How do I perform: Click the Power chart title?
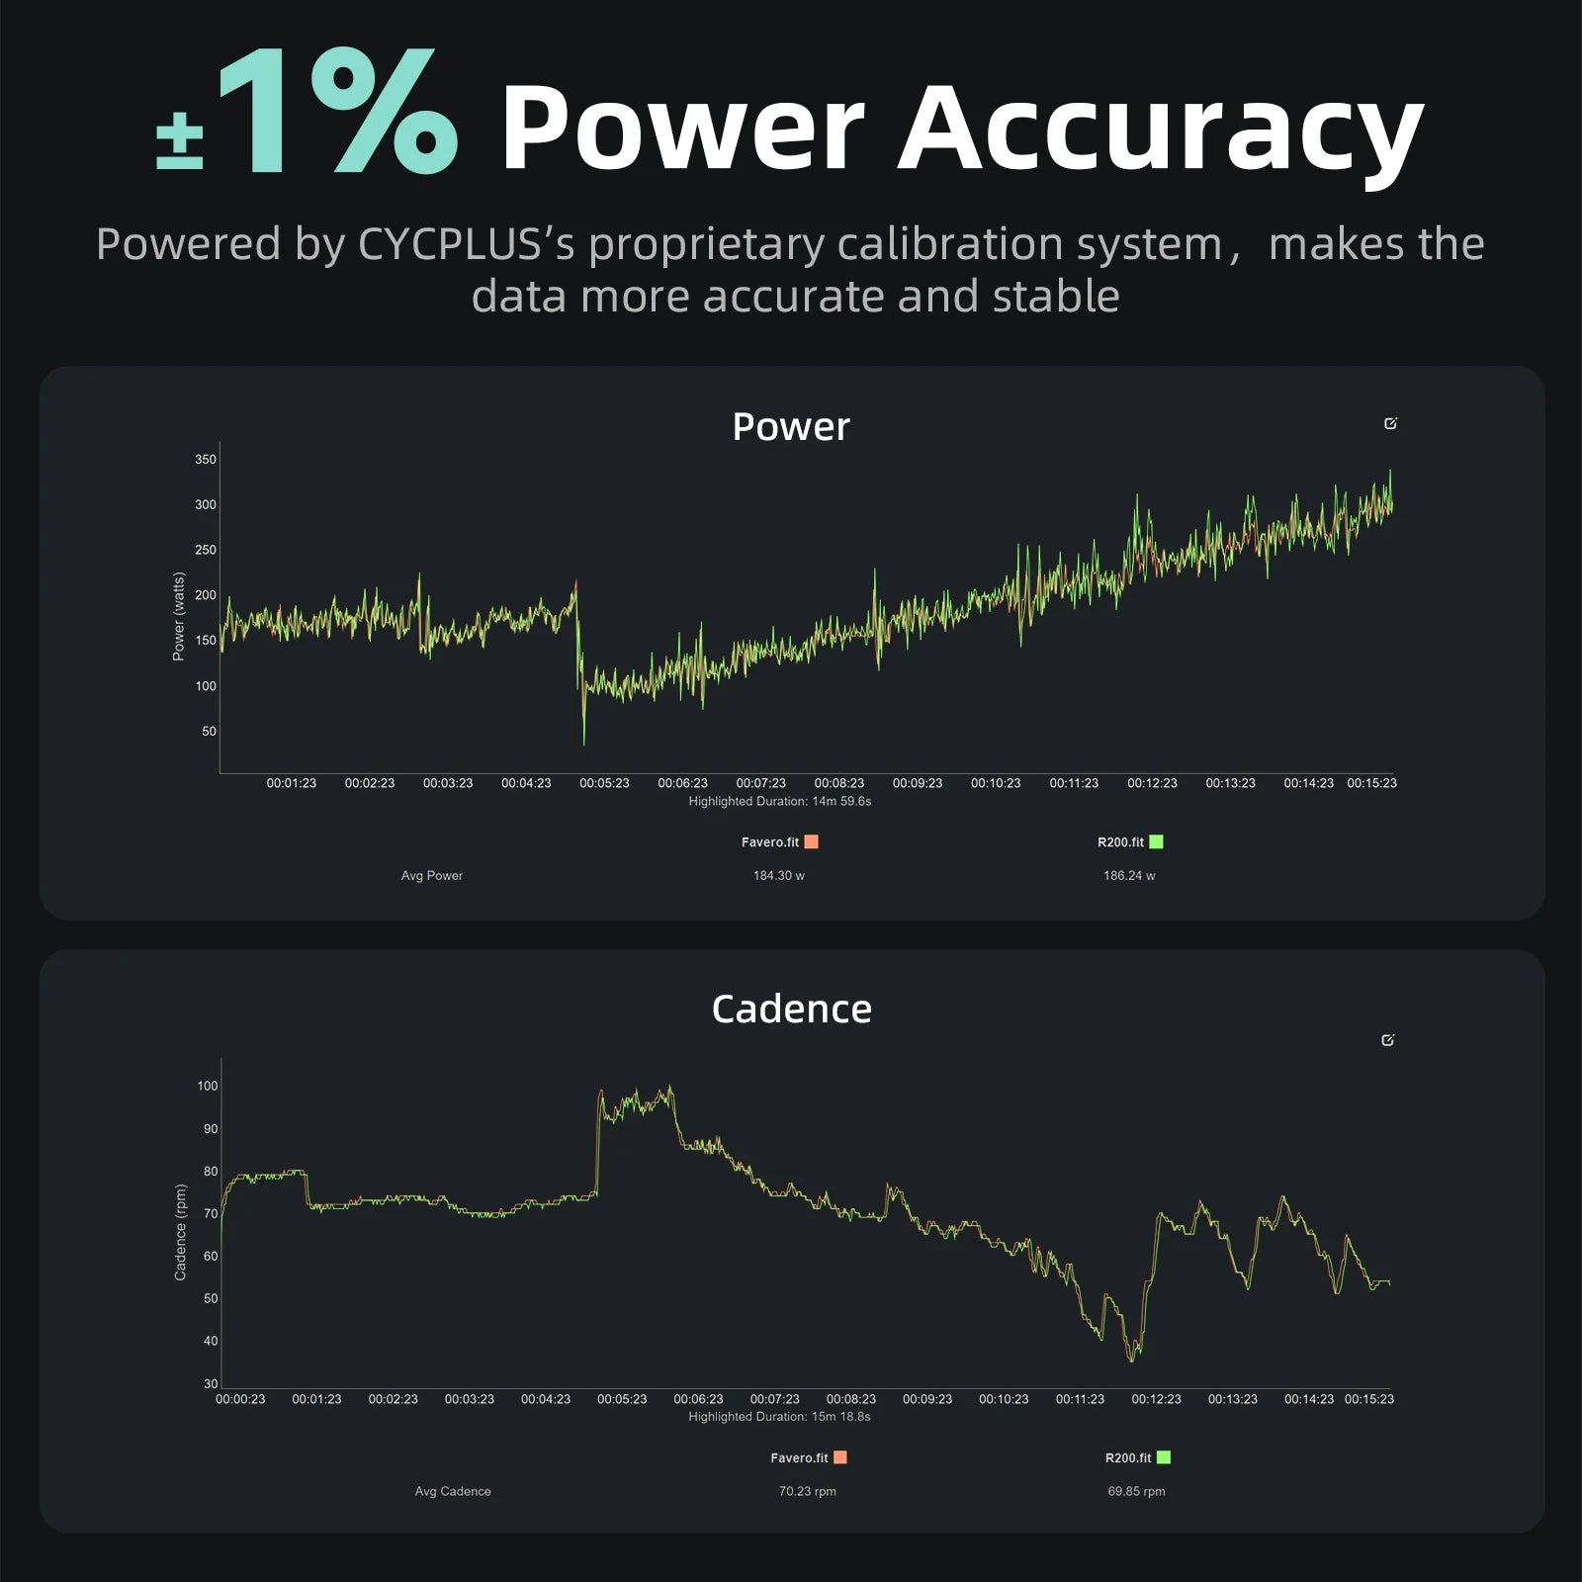click(791, 427)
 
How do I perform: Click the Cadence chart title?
click(791, 1010)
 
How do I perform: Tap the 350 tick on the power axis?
click(205, 460)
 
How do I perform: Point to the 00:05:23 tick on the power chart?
click(604, 783)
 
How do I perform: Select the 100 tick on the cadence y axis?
click(207, 1086)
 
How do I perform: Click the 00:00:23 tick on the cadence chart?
click(240, 1399)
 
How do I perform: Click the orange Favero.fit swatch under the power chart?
click(811, 842)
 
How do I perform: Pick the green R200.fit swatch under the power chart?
click(1156, 842)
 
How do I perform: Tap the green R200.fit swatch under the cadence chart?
click(1164, 1457)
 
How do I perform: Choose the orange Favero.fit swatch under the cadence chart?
click(840, 1457)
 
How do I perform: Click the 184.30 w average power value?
click(779, 876)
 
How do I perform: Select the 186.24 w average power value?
click(1129, 876)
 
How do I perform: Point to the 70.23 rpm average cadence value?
click(808, 1491)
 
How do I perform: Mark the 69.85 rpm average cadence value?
click(1136, 1491)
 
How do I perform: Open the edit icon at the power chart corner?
click(1390, 424)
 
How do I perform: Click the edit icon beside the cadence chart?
click(1387, 1040)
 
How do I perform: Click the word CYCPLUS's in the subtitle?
click(466, 244)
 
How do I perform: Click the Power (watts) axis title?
click(179, 616)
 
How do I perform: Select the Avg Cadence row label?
click(453, 1491)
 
